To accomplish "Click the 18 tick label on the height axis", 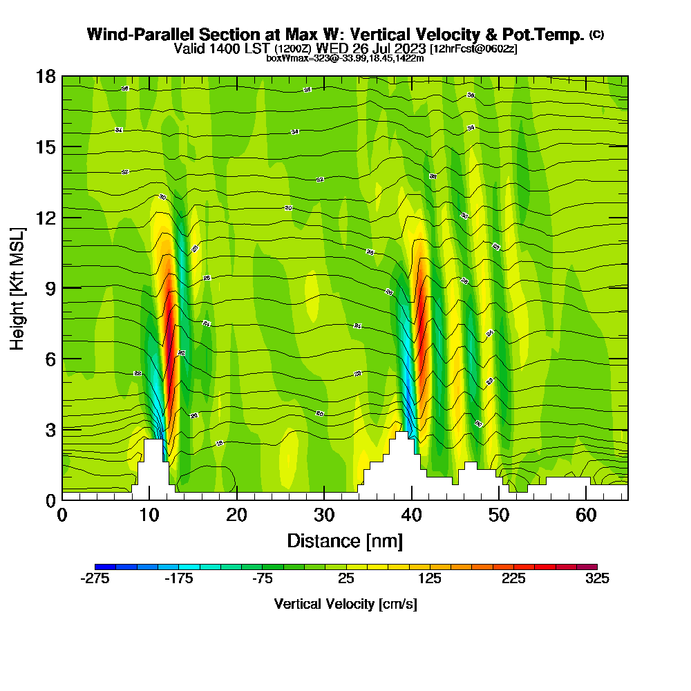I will tap(46, 76).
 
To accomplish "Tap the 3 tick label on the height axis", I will tap(50, 429).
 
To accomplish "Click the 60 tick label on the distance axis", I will tap(586, 515).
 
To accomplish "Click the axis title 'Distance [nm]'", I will tap(345, 540).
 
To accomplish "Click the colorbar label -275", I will tap(95, 579).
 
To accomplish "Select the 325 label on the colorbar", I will tap(597, 579).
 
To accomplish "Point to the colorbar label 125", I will tap(430, 579).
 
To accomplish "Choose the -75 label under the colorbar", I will tap(262, 579).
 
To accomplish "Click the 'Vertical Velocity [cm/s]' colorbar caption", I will tap(345, 604).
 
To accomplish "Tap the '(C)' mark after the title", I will tap(596, 35).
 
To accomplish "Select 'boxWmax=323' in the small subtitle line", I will tap(293, 59).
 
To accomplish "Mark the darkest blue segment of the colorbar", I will tap(105, 567).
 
